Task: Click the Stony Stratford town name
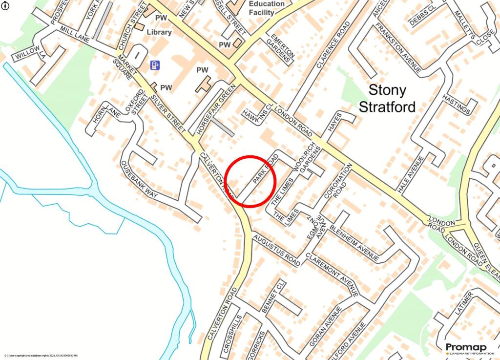(387, 98)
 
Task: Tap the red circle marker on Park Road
(252, 181)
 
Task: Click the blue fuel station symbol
(155, 65)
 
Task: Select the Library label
(160, 32)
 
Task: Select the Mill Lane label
(76, 37)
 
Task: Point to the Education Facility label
(267, 8)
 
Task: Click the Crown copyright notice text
(41, 356)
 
